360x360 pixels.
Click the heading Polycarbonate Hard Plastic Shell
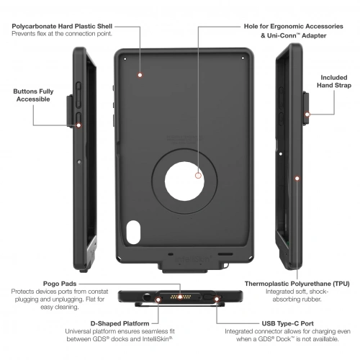point(62,26)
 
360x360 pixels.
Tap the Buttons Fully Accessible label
point(33,95)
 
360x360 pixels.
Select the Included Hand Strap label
point(334,81)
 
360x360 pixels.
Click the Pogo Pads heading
point(60,284)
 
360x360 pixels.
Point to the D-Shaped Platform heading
point(120,323)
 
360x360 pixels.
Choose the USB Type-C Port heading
point(287,323)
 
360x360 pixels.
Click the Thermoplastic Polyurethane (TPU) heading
point(297,284)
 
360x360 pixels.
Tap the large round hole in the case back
point(184,181)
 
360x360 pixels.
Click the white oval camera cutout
point(133,233)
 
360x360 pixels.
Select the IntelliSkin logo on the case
point(194,259)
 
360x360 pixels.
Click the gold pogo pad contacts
point(180,297)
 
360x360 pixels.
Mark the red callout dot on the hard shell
point(140,75)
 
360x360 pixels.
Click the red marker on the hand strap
point(307,114)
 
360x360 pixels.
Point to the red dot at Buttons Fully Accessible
point(78,125)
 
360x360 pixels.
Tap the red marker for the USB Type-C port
point(217,299)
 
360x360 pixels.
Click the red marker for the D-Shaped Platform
point(158,300)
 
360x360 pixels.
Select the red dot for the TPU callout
point(297,179)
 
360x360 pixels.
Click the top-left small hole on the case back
point(125,59)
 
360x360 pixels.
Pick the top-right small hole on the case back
point(243,58)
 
